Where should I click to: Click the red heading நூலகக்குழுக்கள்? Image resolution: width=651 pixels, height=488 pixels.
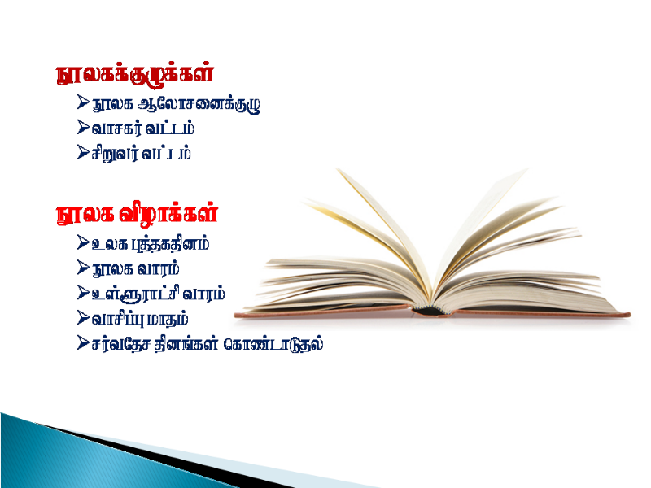[135, 74]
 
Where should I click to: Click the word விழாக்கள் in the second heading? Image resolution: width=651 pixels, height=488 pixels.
[168, 214]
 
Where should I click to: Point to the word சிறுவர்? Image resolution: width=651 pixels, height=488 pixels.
[115, 154]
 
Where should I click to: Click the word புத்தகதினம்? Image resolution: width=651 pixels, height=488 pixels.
[170, 244]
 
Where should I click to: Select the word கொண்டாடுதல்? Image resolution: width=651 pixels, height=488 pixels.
[273, 344]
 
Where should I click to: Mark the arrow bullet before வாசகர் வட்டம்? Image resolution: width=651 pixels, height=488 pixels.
[83, 128]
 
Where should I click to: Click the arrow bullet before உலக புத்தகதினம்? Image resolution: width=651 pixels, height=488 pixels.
[83, 242]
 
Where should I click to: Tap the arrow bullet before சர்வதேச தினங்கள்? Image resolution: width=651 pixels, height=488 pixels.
[83, 342]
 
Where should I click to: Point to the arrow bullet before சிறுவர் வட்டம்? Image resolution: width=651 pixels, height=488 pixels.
[83, 152]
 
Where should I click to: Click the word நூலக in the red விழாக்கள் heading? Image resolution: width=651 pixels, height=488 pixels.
[85, 215]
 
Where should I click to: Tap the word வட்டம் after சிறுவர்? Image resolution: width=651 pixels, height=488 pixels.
[167, 153]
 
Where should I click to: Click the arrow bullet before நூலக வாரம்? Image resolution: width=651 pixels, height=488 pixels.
[83, 268]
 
